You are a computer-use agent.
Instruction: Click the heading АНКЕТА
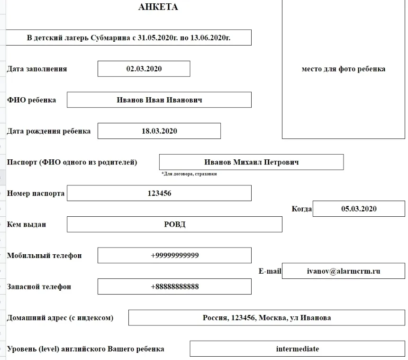click(158, 7)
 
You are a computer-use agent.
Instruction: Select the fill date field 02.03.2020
click(144, 69)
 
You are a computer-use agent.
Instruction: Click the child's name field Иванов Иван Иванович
click(159, 100)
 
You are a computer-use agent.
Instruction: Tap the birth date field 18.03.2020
click(159, 131)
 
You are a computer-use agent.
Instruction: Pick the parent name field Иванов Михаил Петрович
click(251, 162)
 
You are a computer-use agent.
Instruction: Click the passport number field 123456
click(159, 193)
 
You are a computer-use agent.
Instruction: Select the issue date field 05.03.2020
click(359, 209)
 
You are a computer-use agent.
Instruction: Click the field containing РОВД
click(174, 224)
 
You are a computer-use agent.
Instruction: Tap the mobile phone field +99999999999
click(174, 255)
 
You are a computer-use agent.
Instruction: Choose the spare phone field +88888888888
click(174, 286)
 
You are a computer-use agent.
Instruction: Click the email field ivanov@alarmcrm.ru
click(344, 271)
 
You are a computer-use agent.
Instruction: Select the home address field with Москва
click(267, 318)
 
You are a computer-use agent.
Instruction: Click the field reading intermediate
click(297, 349)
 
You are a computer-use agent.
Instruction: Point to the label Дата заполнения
click(37, 69)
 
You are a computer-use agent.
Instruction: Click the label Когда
click(302, 209)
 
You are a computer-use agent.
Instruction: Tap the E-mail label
click(270, 271)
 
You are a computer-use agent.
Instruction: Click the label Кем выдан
click(27, 224)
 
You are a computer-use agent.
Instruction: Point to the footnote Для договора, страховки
click(189, 174)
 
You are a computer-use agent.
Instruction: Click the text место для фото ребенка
click(343, 69)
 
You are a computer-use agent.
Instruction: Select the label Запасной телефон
click(39, 286)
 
